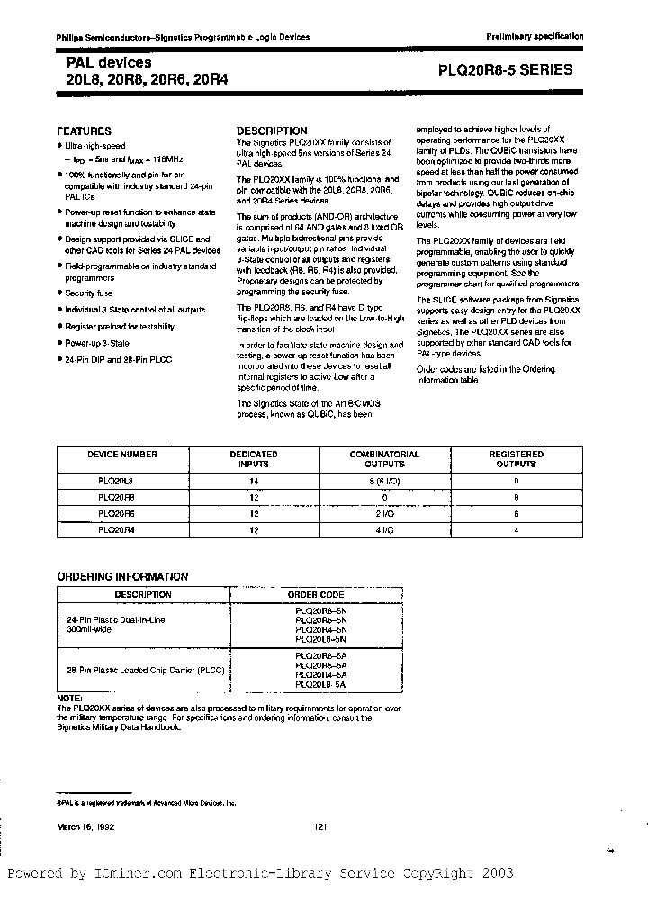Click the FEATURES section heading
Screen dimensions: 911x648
(85, 131)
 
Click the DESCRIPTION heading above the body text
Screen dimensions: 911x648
(272, 131)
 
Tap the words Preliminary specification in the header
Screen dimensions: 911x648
(535, 37)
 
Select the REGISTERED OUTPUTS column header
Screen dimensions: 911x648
(516, 459)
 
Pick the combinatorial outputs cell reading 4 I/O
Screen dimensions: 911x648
(384, 531)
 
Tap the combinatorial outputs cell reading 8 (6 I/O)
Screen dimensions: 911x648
(384, 482)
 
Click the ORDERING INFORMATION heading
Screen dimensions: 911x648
(122, 576)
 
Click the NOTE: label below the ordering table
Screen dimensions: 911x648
(69, 698)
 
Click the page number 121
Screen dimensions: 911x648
(322, 826)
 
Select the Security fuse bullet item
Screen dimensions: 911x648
(88, 293)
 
